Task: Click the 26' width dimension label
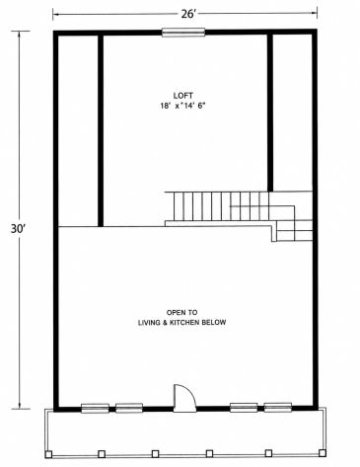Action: tap(187, 14)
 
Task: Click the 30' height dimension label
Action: tap(18, 229)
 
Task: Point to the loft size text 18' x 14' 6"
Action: tap(182, 106)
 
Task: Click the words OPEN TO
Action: tap(181, 312)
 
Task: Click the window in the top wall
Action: tap(183, 33)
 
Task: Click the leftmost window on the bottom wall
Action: tap(95, 408)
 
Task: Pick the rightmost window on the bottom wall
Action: tap(278, 408)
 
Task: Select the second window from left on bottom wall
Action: tap(129, 408)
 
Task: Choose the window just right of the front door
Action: tap(244, 408)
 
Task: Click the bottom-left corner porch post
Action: tap(48, 455)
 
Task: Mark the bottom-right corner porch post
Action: tap(323, 453)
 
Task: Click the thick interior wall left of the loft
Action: tap(101, 130)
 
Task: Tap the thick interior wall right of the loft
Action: tap(270, 113)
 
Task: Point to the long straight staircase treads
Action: tap(217, 206)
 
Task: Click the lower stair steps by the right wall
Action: tap(294, 231)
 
